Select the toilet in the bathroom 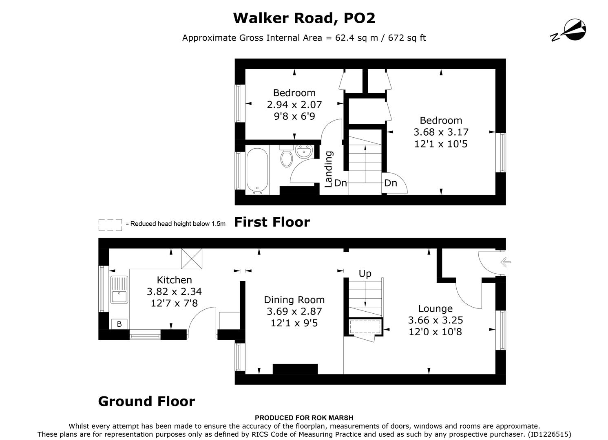pyautogui.click(x=286, y=157)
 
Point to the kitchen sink pyautogui.click(x=119, y=290)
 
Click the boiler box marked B pyautogui.click(x=119, y=324)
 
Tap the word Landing pyautogui.click(x=329, y=169)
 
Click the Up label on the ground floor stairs pyautogui.click(x=365, y=273)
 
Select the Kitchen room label pyautogui.click(x=174, y=280)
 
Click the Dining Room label pyautogui.click(x=294, y=300)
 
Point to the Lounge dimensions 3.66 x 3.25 pyautogui.click(x=435, y=320)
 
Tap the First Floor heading pyautogui.click(x=272, y=222)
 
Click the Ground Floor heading pyautogui.click(x=146, y=401)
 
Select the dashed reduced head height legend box pyautogui.click(x=110, y=224)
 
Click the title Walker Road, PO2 pyautogui.click(x=304, y=18)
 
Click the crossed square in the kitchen pyautogui.click(x=192, y=259)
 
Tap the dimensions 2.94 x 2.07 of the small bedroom pyautogui.click(x=294, y=105)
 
